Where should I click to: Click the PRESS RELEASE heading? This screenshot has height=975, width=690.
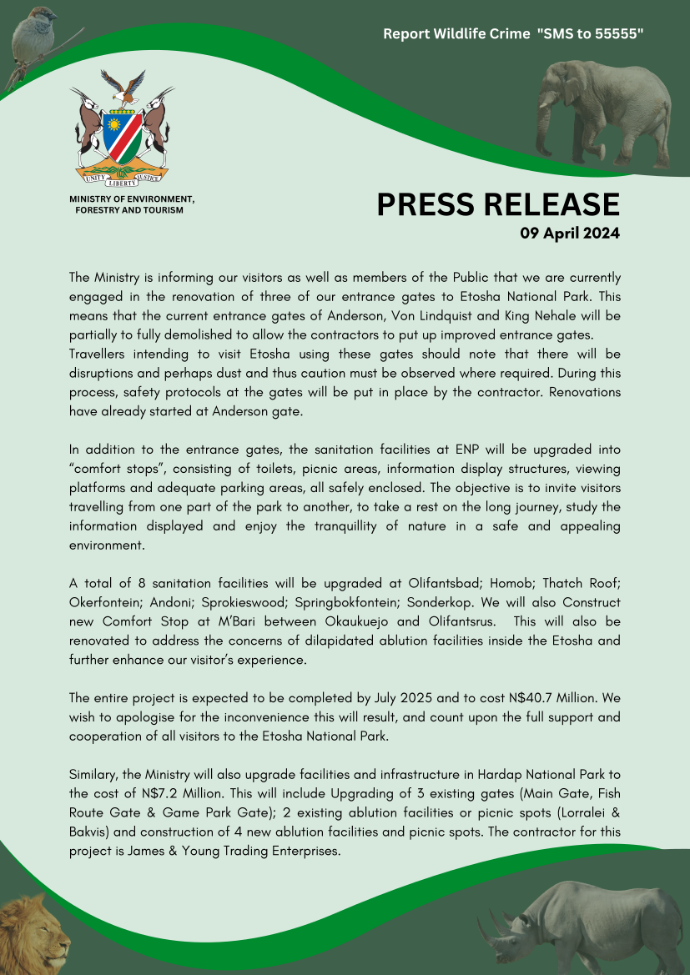[498, 204]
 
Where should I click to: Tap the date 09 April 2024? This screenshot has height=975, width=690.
[570, 234]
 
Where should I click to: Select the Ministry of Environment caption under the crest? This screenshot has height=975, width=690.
[131, 204]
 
